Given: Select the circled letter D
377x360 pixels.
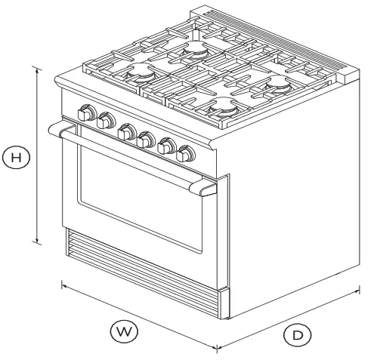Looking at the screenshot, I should [x=297, y=333].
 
